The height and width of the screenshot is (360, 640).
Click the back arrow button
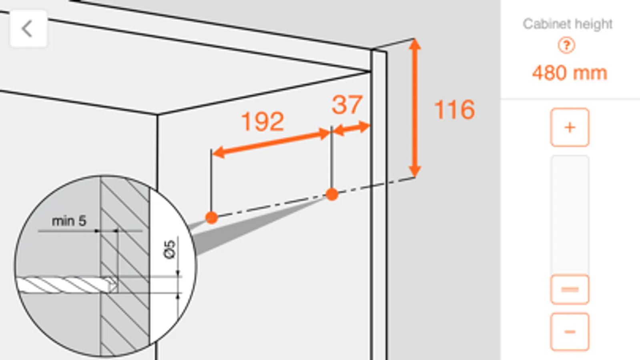point(28,28)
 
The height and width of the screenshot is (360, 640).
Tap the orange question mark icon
point(566,45)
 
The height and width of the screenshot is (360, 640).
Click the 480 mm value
point(570,73)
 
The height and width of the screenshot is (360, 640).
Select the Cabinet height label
point(568,24)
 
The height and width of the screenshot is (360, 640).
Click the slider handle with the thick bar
point(570,290)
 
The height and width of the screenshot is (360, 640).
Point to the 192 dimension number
point(263,122)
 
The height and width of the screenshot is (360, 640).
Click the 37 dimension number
point(347,105)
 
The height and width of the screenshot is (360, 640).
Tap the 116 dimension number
point(454,110)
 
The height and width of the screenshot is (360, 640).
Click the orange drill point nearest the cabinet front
point(332,194)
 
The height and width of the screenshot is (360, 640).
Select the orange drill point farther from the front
point(212,218)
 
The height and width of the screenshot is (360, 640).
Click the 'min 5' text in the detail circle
point(69,221)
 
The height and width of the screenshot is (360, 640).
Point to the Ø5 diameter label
point(169,249)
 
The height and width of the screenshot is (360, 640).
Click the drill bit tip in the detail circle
point(115,285)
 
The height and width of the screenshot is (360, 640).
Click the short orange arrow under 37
point(351,128)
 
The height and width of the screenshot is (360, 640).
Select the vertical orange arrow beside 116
point(415,108)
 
